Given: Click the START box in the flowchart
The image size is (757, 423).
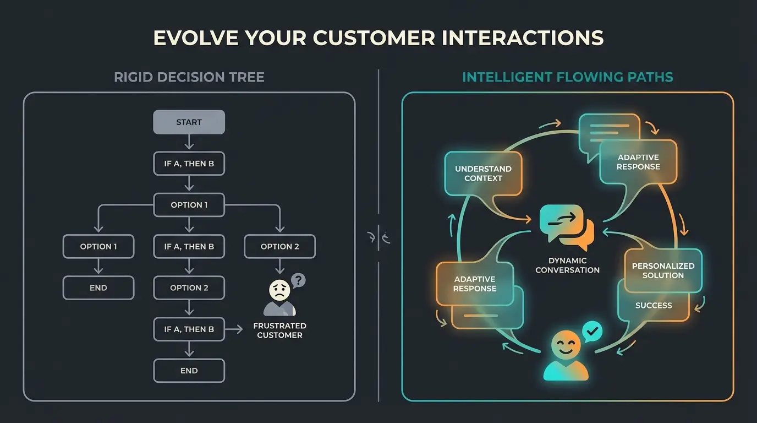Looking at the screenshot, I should [x=189, y=122].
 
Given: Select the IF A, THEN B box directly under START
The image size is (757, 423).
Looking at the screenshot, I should [x=189, y=164].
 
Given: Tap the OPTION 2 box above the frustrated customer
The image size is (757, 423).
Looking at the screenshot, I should [x=279, y=246].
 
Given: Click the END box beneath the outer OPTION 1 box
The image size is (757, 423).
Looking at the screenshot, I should [x=98, y=288].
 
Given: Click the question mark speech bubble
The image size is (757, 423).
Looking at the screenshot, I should [x=298, y=280].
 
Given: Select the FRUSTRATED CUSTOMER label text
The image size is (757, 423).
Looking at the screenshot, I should [x=279, y=330].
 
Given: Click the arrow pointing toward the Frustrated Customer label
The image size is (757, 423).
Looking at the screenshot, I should [x=235, y=329].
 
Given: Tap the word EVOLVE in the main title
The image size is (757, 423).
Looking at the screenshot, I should [x=195, y=38].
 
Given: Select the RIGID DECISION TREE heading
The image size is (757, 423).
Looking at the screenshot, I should [x=189, y=77].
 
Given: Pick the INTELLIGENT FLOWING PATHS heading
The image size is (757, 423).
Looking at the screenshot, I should [x=567, y=77].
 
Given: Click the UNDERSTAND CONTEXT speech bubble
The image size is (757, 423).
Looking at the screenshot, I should [x=483, y=173].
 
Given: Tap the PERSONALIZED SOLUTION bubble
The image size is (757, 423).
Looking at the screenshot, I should [x=663, y=270].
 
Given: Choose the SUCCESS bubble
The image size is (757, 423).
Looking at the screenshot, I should [x=654, y=305].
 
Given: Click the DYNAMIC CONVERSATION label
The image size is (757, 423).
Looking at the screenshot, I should [x=567, y=265].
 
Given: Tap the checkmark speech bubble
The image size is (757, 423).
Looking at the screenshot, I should [x=592, y=332].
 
